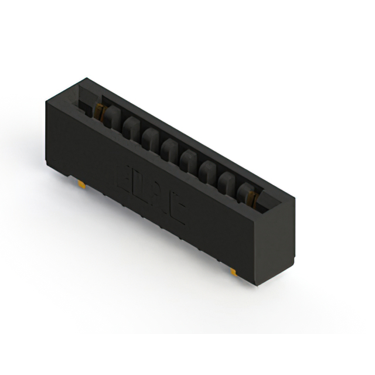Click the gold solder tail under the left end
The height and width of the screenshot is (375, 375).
coord(82,184)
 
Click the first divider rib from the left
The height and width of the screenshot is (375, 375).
coord(112,117)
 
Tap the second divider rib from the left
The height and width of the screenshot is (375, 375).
coord(131,126)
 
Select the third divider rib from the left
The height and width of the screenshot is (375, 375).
coord(150,137)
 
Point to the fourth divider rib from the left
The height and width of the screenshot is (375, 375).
coord(170,148)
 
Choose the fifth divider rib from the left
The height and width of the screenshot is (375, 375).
coord(189,158)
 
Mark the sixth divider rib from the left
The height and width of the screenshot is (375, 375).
coord(207,169)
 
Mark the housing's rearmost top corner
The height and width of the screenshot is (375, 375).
coord(87,77)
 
